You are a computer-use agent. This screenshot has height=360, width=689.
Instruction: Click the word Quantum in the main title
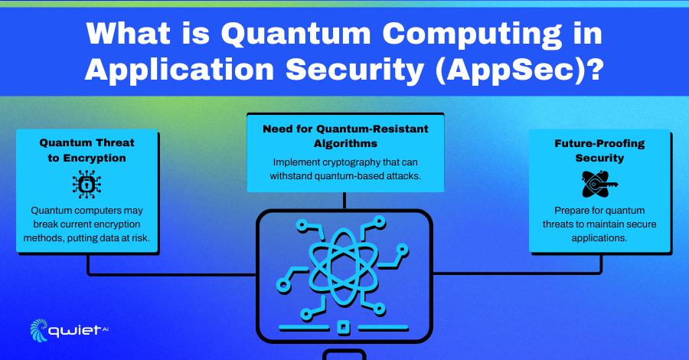296,34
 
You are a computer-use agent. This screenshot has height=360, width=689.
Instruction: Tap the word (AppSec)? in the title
519,70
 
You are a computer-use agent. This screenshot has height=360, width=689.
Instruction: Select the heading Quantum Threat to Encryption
87,150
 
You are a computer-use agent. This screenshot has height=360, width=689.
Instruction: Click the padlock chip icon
87,184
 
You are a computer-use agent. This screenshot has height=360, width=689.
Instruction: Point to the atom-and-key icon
599,184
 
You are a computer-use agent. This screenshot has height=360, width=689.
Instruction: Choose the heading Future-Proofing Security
599,150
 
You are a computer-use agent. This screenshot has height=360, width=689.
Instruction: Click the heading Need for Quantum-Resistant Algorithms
345,136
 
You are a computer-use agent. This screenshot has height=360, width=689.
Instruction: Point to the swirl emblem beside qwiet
38,330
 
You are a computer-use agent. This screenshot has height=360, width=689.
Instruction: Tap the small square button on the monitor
344,328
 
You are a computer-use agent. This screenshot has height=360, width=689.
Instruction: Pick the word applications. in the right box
599,238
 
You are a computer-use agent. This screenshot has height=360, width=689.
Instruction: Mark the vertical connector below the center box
344,201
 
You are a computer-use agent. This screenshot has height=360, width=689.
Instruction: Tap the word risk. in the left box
141,238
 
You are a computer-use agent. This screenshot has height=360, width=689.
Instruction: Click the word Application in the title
180,70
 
